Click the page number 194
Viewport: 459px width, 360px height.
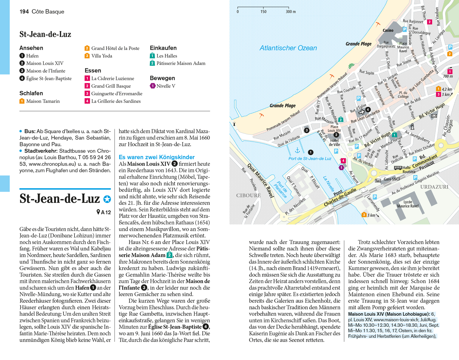(24, 12)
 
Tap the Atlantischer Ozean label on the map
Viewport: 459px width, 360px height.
(288, 48)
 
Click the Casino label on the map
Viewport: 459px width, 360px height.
(388, 30)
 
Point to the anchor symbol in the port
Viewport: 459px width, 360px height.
(297, 150)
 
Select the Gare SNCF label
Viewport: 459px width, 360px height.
(392, 179)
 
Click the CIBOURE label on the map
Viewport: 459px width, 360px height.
(248, 195)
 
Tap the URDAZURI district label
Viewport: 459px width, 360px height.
(434, 187)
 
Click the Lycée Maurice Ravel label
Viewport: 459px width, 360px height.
(408, 204)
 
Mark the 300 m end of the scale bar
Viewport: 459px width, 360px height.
(289, 8)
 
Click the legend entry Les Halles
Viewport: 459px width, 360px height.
(166, 56)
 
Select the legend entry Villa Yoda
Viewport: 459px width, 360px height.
(102, 56)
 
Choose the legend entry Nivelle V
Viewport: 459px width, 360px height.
(166, 86)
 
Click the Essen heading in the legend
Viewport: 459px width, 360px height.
(93, 70)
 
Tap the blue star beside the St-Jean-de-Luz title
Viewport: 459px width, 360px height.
(107, 199)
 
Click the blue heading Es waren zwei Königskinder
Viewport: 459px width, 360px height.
(157, 157)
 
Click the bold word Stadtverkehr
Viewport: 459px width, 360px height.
(41, 151)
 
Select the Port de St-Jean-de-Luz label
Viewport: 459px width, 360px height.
(310, 159)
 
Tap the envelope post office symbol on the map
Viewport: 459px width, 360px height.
(434, 116)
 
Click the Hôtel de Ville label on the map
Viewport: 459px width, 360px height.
(334, 142)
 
